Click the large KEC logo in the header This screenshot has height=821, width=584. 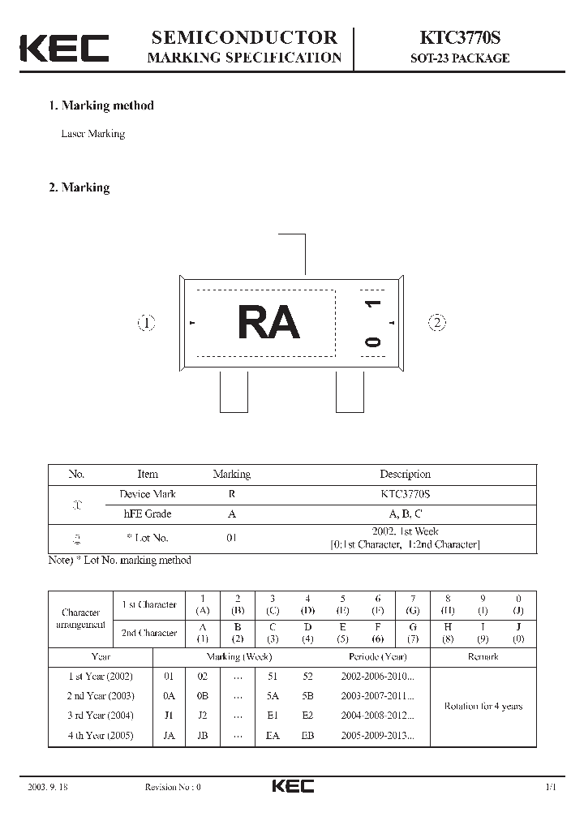pos(64,49)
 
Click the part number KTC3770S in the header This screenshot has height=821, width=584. pos(459,38)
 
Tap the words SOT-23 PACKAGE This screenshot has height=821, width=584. pos(459,58)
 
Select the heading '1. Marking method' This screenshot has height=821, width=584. pos(101,105)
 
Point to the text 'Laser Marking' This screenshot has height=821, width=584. pos(93,134)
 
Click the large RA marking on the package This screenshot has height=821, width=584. pos(268,323)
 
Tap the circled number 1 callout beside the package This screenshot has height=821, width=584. pos(146,323)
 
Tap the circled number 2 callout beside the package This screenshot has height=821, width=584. pos(437,323)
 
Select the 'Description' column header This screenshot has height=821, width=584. pos(405,475)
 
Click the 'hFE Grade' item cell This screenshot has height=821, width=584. pos(147,514)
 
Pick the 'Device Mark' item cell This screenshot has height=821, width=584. pos(147,494)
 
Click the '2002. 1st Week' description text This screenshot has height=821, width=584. pos(405,531)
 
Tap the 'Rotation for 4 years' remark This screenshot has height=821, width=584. pos(483,707)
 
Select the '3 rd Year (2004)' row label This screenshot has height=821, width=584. pos(101,716)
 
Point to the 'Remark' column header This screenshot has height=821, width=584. pos(483,657)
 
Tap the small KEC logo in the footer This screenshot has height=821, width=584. pos(293,786)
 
